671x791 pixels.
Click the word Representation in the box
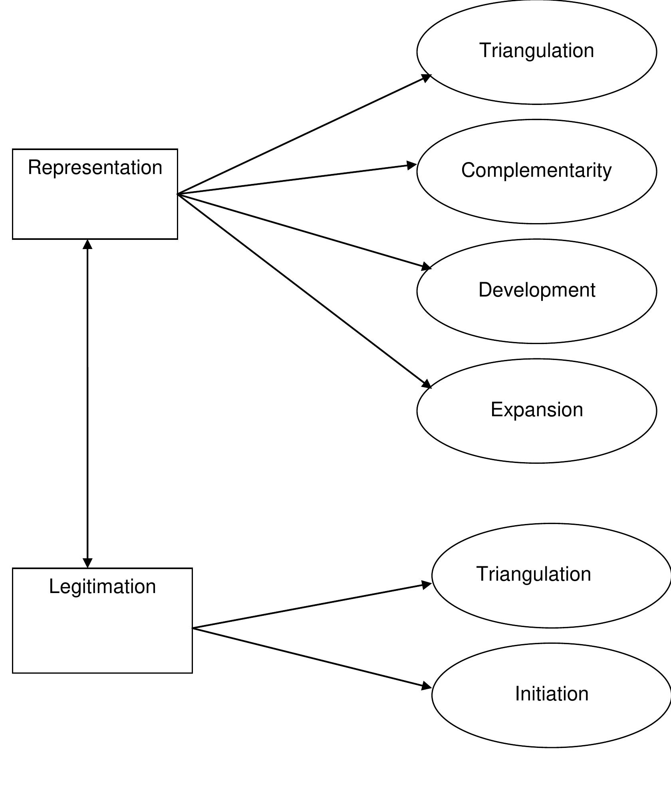tap(95, 168)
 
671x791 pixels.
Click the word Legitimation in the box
tap(102, 587)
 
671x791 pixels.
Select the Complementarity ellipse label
tap(536, 170)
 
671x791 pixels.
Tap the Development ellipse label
tap(536, 290)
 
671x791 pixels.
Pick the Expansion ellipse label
tap(536, 410)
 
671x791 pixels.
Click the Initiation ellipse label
tap(552, 694)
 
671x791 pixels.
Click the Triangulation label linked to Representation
tap(536, 51)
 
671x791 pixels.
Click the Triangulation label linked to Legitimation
tap(533, 574)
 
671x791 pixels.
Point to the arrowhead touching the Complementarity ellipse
tap(412, 165)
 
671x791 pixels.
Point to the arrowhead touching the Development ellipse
tap(427, 267)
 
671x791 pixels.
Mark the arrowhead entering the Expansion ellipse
tap(427, 384)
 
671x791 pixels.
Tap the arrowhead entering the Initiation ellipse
tap(427, 686)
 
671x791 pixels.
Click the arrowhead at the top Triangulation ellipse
tap(427, 77)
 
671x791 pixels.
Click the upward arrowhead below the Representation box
tap(87, 244)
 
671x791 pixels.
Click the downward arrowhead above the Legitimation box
tap(87, 563)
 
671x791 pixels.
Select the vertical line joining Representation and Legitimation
tap(87, 403)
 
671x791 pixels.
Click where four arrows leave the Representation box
tap(178, 194)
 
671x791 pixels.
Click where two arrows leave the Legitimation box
tap(193, 628)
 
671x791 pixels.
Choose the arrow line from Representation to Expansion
tap(304, 290)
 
